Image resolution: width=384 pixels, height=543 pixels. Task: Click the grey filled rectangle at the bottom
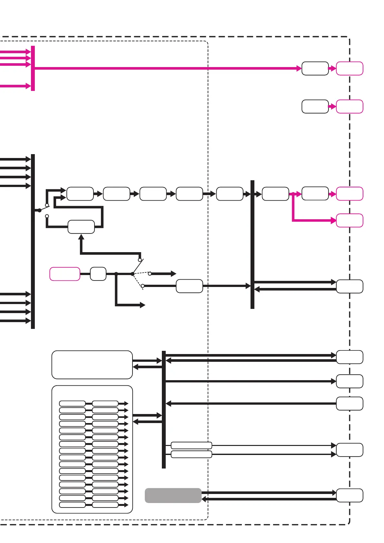coord(173,495)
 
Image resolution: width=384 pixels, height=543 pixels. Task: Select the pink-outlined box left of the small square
coord(65,274)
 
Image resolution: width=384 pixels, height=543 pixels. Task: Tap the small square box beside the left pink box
coord(98,274)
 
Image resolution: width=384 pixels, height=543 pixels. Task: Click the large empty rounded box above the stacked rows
coord(92,365)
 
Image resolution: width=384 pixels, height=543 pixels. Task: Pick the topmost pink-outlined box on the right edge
coord(350,68)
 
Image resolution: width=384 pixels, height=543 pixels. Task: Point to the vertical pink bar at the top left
coord(33,68)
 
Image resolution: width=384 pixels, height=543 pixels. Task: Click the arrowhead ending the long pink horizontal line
coord(299,68)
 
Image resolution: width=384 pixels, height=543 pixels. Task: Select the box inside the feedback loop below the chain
coord(81,227)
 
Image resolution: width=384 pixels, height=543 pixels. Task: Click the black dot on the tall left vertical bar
coord(40,210)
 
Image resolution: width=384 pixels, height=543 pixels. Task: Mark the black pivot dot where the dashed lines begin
coord(133,274)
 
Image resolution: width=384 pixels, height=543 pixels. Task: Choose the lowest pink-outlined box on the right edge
coord(350,221)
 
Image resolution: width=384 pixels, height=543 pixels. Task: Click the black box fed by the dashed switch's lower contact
coord(189,286)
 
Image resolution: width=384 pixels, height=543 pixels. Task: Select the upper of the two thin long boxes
coord(191,445)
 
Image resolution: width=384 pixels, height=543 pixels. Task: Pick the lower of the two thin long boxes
coord(191,454)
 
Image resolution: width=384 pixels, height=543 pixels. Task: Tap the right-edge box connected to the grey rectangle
coord(350,495)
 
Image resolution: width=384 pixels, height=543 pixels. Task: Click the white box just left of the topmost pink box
coord(315,68)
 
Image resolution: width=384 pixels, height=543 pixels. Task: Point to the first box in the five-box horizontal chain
coord(80,194)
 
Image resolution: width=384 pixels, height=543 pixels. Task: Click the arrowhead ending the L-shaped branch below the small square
coord(143,305)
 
